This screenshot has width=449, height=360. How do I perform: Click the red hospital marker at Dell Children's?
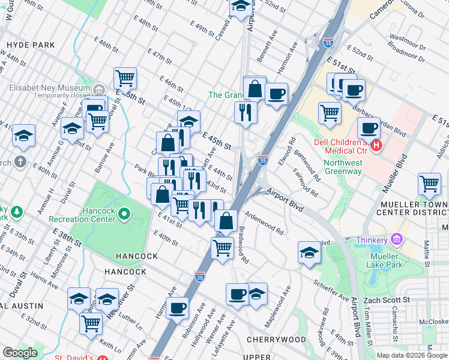click(x=376, y=145)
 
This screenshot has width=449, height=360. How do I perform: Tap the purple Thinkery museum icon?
click(x=396, y=239)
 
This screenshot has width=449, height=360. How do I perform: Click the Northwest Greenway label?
click(x=343, y=167)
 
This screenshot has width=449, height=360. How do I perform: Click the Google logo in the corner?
click(x=20, y=353)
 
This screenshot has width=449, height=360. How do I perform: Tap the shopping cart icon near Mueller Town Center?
click(x=429, y=184)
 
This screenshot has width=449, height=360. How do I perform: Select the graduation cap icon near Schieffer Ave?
click(x=309, y=251)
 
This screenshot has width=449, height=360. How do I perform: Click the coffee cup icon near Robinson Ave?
click(x=177, y=308)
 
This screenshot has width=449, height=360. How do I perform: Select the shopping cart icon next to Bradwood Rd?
click(x=222, y=247)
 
